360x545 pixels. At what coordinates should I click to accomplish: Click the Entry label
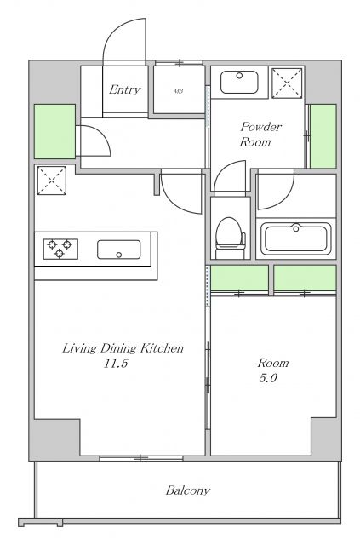pyautogui.click(x=125, y=89)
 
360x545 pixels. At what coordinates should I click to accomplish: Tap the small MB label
pyautogui.click(x=178, y=91)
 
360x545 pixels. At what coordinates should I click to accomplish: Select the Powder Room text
pyautogui.click(x=260, y=135)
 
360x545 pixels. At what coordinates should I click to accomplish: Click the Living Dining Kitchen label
pyautogui.click(x=123, y=348)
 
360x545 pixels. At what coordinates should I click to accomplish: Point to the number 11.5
pyautogui.click(x=116, y=364)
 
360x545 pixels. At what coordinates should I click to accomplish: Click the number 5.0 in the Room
pyautogui.click(x=267, y=378)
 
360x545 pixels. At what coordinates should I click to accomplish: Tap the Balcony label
pyautogui.click(x=188, y=490)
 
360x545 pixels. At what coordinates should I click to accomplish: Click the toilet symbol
pyautogui.click(x=230, y=238)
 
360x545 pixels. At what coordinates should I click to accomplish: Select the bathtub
pyautogui.click(x=295, y=238)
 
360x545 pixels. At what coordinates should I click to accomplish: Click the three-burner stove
pyautogui.click(x=60, y=249)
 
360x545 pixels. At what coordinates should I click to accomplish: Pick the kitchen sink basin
pyautogui.click(x=119, y=250)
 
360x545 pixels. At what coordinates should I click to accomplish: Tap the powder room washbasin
pyautogui.click(x=239, y=82)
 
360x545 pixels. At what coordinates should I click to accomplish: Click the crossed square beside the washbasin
pyautogui.click(x=287, y=83)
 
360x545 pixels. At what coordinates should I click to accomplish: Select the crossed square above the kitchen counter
pyautogui.click(x=52, y=181)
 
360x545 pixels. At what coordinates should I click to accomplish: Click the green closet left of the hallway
pyautogui.click(x=55, y=131)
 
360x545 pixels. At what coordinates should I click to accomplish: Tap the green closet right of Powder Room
pyautogui.click(x=323, y=136)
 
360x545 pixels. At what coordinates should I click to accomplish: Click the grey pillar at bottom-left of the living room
pyautogui.click(x=54, y=439)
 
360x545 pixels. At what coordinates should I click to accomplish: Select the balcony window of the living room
pyautogui.click(x=141, y=458)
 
